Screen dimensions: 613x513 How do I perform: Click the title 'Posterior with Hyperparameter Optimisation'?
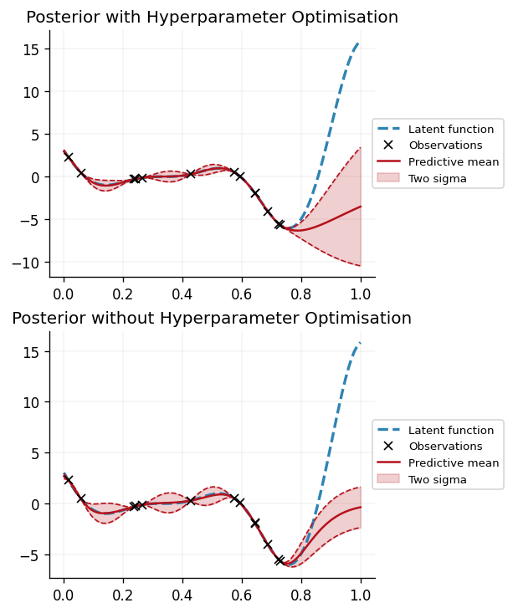pos(212,18)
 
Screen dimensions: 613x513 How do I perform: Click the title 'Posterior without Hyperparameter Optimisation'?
pos(212,319)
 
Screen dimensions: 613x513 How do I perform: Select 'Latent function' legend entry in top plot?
pos(450,129)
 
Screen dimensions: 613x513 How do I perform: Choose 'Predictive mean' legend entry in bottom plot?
pos(453,462)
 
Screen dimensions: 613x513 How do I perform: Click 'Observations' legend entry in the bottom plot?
pos(444,447)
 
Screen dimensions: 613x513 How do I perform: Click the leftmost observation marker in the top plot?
pos(69,157)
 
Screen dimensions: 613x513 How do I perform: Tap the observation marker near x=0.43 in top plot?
pos(191,173)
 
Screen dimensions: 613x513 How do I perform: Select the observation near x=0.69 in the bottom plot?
pos(268,544)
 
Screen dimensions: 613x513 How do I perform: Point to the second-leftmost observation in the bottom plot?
pos(81,498)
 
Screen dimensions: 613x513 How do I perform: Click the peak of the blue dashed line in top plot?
pos(359,43)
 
